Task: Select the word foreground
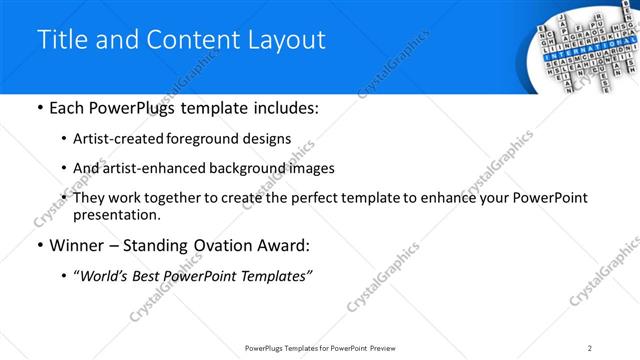(200, 138)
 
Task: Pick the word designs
(263, 138)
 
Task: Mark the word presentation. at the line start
(116, 214)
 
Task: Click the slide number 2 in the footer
(590, 348)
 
